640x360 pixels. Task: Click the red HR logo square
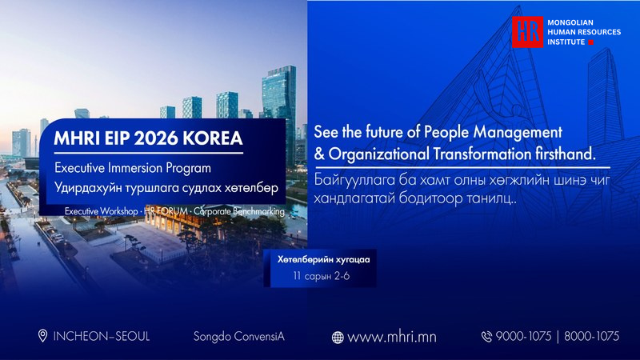pyautogui.click(x=528, y=32)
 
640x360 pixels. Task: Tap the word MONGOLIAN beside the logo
pyautogui.click(x=570, y=23)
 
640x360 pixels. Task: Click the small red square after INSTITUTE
pyautogui.click(x=590, y=42)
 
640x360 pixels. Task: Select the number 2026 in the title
pyautogui.click(x=156, y=138)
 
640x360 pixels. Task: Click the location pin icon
pyautogui.click(x=42, y=336)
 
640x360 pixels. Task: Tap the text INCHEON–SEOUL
pyautogui.click(x=102, y=336)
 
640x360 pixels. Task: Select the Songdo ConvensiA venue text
pyautogui.click(x=238, y=337)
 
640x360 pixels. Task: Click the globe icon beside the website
pyautogui.click(x=338, y=338)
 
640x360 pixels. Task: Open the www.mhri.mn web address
pyautogui.click(x=392, y=337)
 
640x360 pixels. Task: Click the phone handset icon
pyautogui.click(x=486, y=337)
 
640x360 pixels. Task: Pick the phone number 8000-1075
pyautogui.click(x=591, y=336)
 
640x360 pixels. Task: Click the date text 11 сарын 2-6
pyautogui.click(x=322, y=276)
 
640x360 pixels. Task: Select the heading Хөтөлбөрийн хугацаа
pyautogui.click(x=324, y=259)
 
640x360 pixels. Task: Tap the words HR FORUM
pyautogui.click(x=166, y=211)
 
